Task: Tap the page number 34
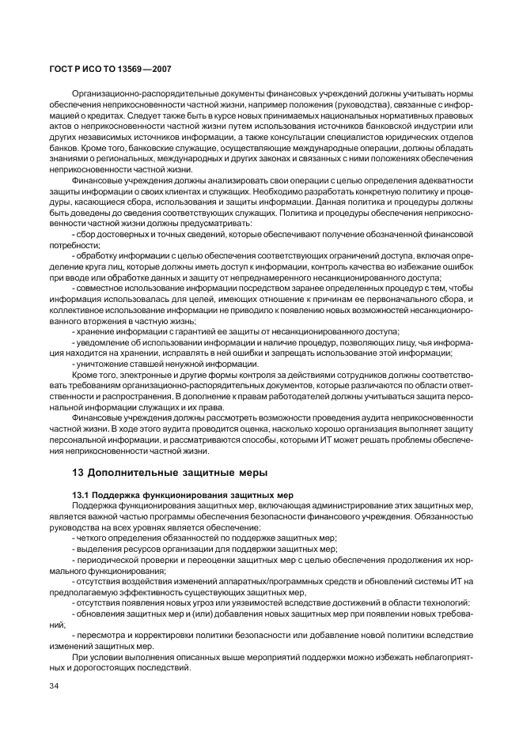tap(55, 685)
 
